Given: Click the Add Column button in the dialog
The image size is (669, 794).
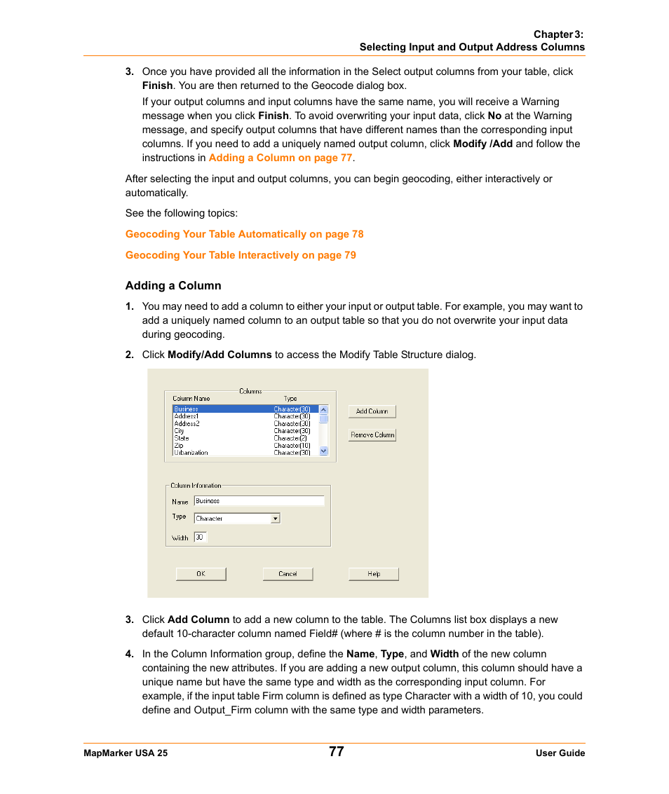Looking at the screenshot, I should (372, 411).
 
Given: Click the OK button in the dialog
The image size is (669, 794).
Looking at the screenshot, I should (201, 574).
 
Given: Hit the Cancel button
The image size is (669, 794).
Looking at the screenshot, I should (288, 574).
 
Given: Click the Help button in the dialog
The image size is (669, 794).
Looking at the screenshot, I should (373, 574).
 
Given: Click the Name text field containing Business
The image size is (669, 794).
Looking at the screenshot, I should (259, 501).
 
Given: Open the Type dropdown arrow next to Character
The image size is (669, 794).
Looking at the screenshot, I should (275, 519).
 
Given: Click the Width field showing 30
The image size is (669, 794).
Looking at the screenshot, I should (200, 538).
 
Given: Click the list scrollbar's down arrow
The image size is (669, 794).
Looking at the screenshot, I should (323, 451).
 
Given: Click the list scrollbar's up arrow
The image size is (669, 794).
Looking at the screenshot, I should (323, 409).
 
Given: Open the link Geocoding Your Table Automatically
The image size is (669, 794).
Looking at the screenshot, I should (244, 234).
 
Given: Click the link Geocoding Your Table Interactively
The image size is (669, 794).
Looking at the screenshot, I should (241, 255).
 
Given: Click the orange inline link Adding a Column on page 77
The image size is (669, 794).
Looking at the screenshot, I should (280, 158).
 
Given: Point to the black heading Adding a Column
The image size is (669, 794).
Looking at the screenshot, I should (173, 286).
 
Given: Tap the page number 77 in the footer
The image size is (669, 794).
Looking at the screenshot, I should (336, 752).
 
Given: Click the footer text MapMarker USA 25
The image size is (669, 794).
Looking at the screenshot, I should (126, 753).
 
